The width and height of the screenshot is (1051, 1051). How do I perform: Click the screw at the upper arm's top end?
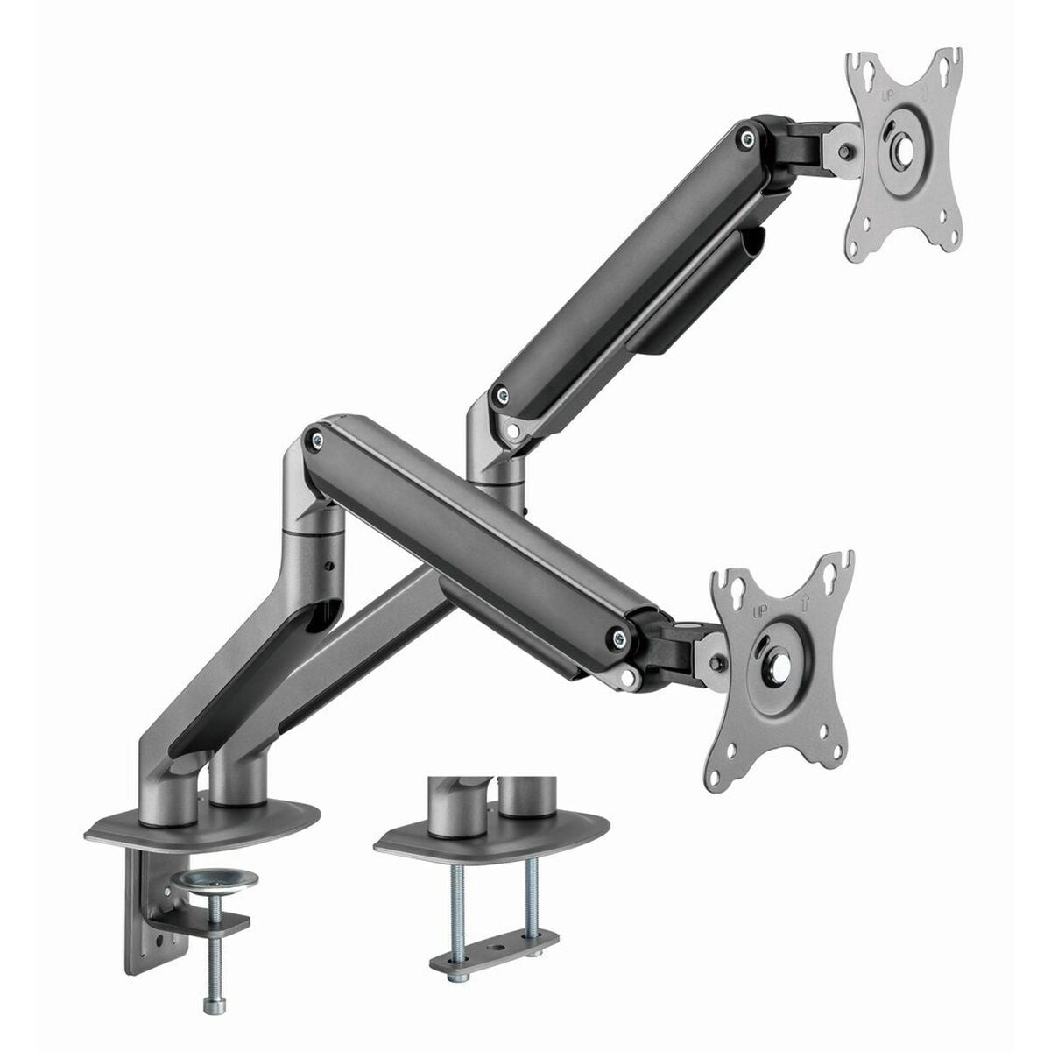pos(746,137)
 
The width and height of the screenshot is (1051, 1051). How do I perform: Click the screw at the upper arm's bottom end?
pos(500,391)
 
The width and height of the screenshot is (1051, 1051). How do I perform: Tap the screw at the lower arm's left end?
pos(316,435)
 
